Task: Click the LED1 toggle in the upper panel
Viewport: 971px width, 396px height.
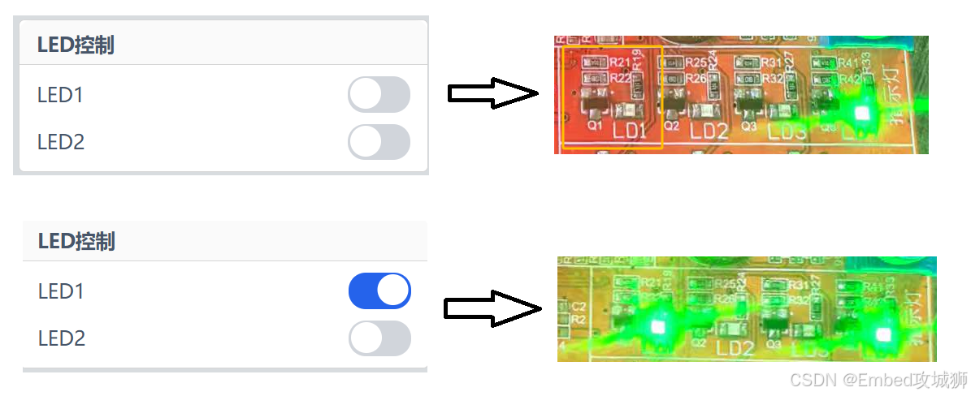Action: (379, 94)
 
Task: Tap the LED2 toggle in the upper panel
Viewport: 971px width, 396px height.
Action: (379, 142)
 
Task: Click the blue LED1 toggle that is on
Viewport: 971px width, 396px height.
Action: (379, 291)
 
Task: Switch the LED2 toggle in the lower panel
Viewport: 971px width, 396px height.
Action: (379, 338)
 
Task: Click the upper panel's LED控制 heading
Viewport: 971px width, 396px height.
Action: (76, 45)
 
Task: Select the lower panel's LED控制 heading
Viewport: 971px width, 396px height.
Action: (76, 241)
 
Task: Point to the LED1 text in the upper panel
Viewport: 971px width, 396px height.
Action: (60, 95)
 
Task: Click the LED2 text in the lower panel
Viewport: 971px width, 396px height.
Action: (61, 338)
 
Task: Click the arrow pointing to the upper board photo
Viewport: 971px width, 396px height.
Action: (493, 94)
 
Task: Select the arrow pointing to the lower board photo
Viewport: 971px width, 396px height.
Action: (492, 309)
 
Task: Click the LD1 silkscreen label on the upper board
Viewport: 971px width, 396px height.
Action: (630, 130)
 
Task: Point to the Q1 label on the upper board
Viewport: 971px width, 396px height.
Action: (595, 126)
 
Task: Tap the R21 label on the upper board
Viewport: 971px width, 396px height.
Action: (619, 62)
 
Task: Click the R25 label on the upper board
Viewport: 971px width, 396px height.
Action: (696, 62)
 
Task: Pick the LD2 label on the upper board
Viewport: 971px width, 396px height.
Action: (709, 130)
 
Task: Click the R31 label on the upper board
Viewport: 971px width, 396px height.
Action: (771, 62)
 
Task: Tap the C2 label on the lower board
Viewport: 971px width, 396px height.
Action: (579, 307)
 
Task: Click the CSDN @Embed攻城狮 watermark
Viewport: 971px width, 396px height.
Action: (878, 380)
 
